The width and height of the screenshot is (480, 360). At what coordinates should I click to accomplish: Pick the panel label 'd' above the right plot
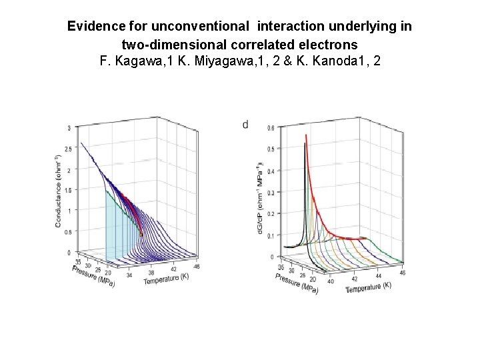[245, 124]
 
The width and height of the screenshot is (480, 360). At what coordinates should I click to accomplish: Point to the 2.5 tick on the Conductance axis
[68, 149]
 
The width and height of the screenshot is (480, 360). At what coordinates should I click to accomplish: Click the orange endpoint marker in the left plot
[141, 235]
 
